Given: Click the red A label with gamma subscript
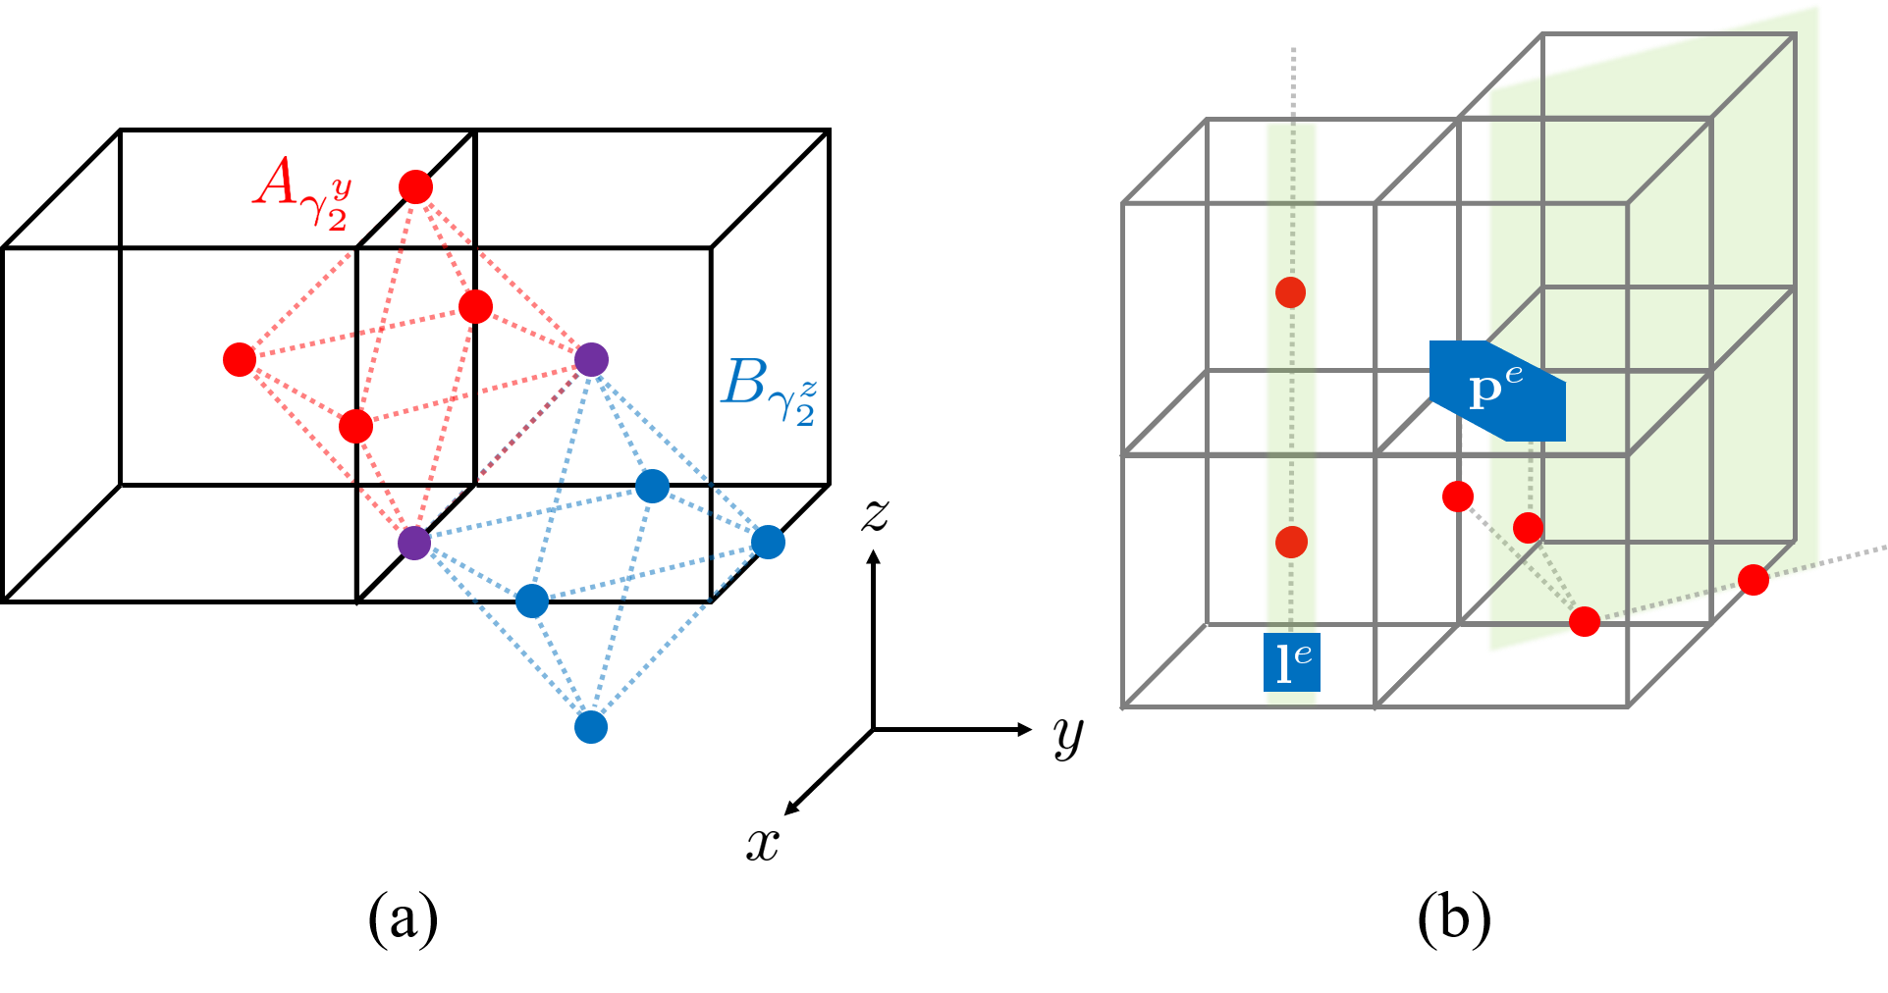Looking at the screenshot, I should pos(301,193).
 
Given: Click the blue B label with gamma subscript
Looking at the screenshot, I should pos(768,392).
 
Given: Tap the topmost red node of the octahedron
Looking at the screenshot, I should pos(415,186).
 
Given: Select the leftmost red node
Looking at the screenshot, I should pos(240,360).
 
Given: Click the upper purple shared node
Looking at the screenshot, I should pos(591,359).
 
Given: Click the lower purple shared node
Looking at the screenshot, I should pos(414,542).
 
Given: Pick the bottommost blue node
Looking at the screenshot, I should pos(591,727).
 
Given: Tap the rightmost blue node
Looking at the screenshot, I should pos(768,542).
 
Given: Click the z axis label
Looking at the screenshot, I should pos(875,516).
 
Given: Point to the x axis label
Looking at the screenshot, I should pos(763,846).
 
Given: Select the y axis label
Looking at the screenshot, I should pos(1068,738).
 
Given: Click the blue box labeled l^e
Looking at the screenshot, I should pos(1291,663).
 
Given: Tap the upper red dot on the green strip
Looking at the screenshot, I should pos(1290,292).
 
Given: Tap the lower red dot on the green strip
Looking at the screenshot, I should pos(1291,542).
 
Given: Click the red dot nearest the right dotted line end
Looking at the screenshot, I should pos(1753,580).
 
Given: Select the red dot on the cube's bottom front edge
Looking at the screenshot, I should pos(1585,621).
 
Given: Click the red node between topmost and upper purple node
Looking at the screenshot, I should pos(475,306).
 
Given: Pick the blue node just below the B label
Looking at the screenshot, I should pos(652,486).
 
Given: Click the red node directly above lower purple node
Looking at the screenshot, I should pos(355,427).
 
